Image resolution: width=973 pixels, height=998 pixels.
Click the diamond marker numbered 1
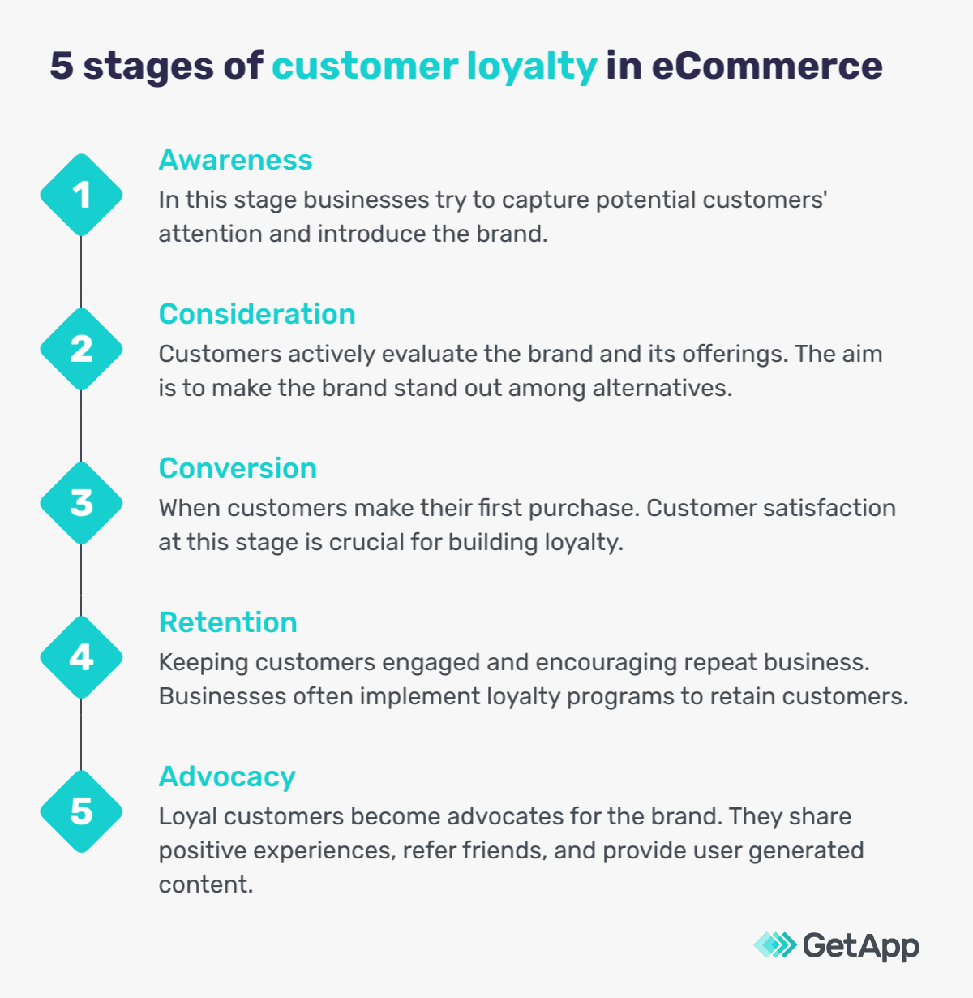point(81,195)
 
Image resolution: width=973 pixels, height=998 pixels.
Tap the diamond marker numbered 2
point(81,349)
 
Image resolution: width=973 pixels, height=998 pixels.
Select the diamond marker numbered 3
point(81,503)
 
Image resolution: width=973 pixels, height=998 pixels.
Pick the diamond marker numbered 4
point(81,657)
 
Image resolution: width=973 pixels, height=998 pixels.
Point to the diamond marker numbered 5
point(81,811)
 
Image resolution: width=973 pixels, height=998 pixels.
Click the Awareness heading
point(235,160)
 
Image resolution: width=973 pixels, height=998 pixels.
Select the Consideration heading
point(257,314)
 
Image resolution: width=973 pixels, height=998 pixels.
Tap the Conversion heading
point(238,468)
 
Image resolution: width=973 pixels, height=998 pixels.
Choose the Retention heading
point(228,622)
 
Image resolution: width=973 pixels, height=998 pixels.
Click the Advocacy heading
point(227,776)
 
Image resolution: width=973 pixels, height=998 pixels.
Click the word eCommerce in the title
point(766,66)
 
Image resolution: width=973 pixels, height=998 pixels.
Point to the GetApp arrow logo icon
point(775,944)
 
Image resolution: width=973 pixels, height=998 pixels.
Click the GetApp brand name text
point(860,945)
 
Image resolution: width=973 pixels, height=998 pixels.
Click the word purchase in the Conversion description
point(582,508)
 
